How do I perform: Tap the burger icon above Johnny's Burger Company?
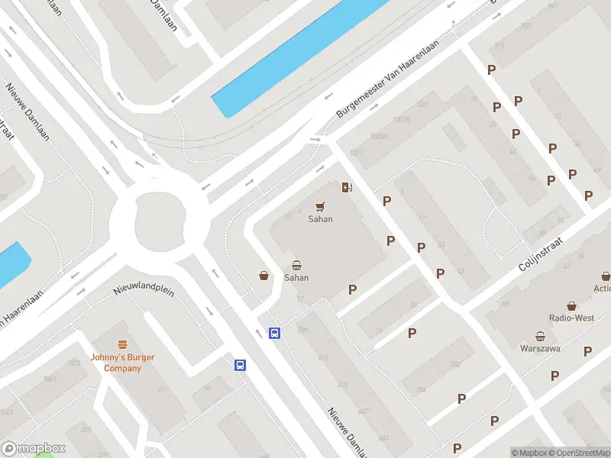tap(122, 345)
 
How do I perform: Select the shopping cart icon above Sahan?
tap(320, 206)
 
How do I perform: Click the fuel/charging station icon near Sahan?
tap(347, 188)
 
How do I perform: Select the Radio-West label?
tap(571, 318)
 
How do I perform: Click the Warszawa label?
tap(540, 349)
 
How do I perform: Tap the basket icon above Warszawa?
tap(540, 336)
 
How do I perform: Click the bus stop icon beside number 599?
tap(274, 333)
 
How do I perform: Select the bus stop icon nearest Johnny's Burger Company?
tap(240, 365)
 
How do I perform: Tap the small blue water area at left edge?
tap(11, 263)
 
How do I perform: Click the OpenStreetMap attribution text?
tap(581, 453)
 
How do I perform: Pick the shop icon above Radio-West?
tap(571, 305)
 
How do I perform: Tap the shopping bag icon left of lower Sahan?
tap(264, 276)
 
